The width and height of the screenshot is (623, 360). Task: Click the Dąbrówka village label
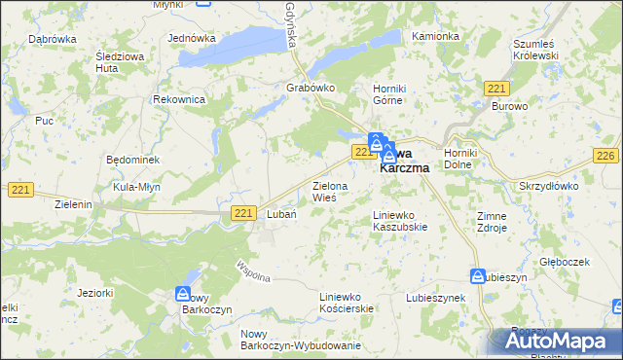[53, 39]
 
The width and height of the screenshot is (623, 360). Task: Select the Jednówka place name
[191, 38]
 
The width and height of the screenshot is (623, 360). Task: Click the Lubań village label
[281, 214]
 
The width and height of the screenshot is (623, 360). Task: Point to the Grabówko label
[311, 88]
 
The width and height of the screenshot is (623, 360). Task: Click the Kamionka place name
[435, 36]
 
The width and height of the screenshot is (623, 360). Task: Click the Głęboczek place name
[567, 262]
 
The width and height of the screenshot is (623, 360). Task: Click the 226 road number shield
[605, 157]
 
